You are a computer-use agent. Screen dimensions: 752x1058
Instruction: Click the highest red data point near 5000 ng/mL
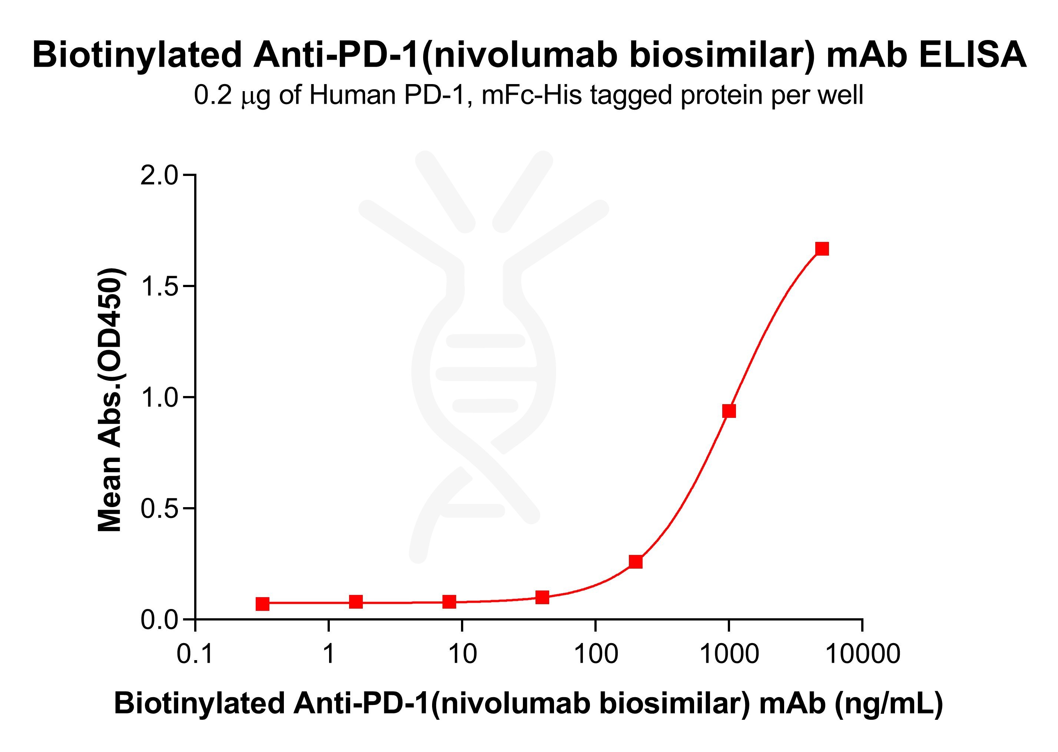pos(822,249)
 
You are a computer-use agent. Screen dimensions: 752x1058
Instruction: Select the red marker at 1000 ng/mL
pos(729,411)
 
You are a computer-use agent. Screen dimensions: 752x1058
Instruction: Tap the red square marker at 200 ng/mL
pos(636,562)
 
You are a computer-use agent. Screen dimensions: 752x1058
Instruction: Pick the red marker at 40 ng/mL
pos(542,597)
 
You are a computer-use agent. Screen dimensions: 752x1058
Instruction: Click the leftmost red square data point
pos(262,604)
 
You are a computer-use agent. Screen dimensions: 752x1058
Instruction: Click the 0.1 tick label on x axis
pos(195,654)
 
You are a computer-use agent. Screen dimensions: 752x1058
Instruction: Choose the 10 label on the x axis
pos(462,654)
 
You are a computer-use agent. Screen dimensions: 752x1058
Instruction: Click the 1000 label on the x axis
pos(729,654)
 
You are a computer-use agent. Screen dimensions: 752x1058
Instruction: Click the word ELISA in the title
pos(972,55)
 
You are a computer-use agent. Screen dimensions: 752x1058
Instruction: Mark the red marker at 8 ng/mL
pos(449,602)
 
